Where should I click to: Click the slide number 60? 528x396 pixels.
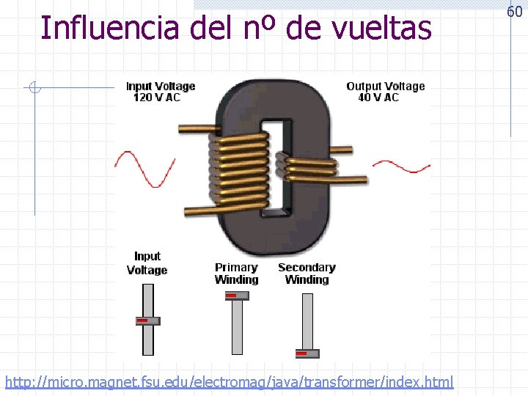coord(514,12)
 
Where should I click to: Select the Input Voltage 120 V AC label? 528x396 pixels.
coord(161,92)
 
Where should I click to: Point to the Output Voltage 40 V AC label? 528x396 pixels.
coord(385,92)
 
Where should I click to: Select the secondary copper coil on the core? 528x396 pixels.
coord(309,168)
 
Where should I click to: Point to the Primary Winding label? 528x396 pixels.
coord(236,274)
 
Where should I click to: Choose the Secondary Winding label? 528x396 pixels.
coord(307,274)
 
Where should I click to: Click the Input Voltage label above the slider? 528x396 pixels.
coord(147,263)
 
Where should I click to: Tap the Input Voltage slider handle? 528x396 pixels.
coord(147,320)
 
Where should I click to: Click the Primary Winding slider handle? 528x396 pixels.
coord(236,296)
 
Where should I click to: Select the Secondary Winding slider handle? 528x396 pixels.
coord(307,353)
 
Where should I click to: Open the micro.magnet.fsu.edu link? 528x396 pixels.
coord(229,382)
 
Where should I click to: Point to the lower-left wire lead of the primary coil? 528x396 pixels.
coord(196,210)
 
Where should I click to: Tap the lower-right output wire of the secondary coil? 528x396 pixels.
coord(352,178)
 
